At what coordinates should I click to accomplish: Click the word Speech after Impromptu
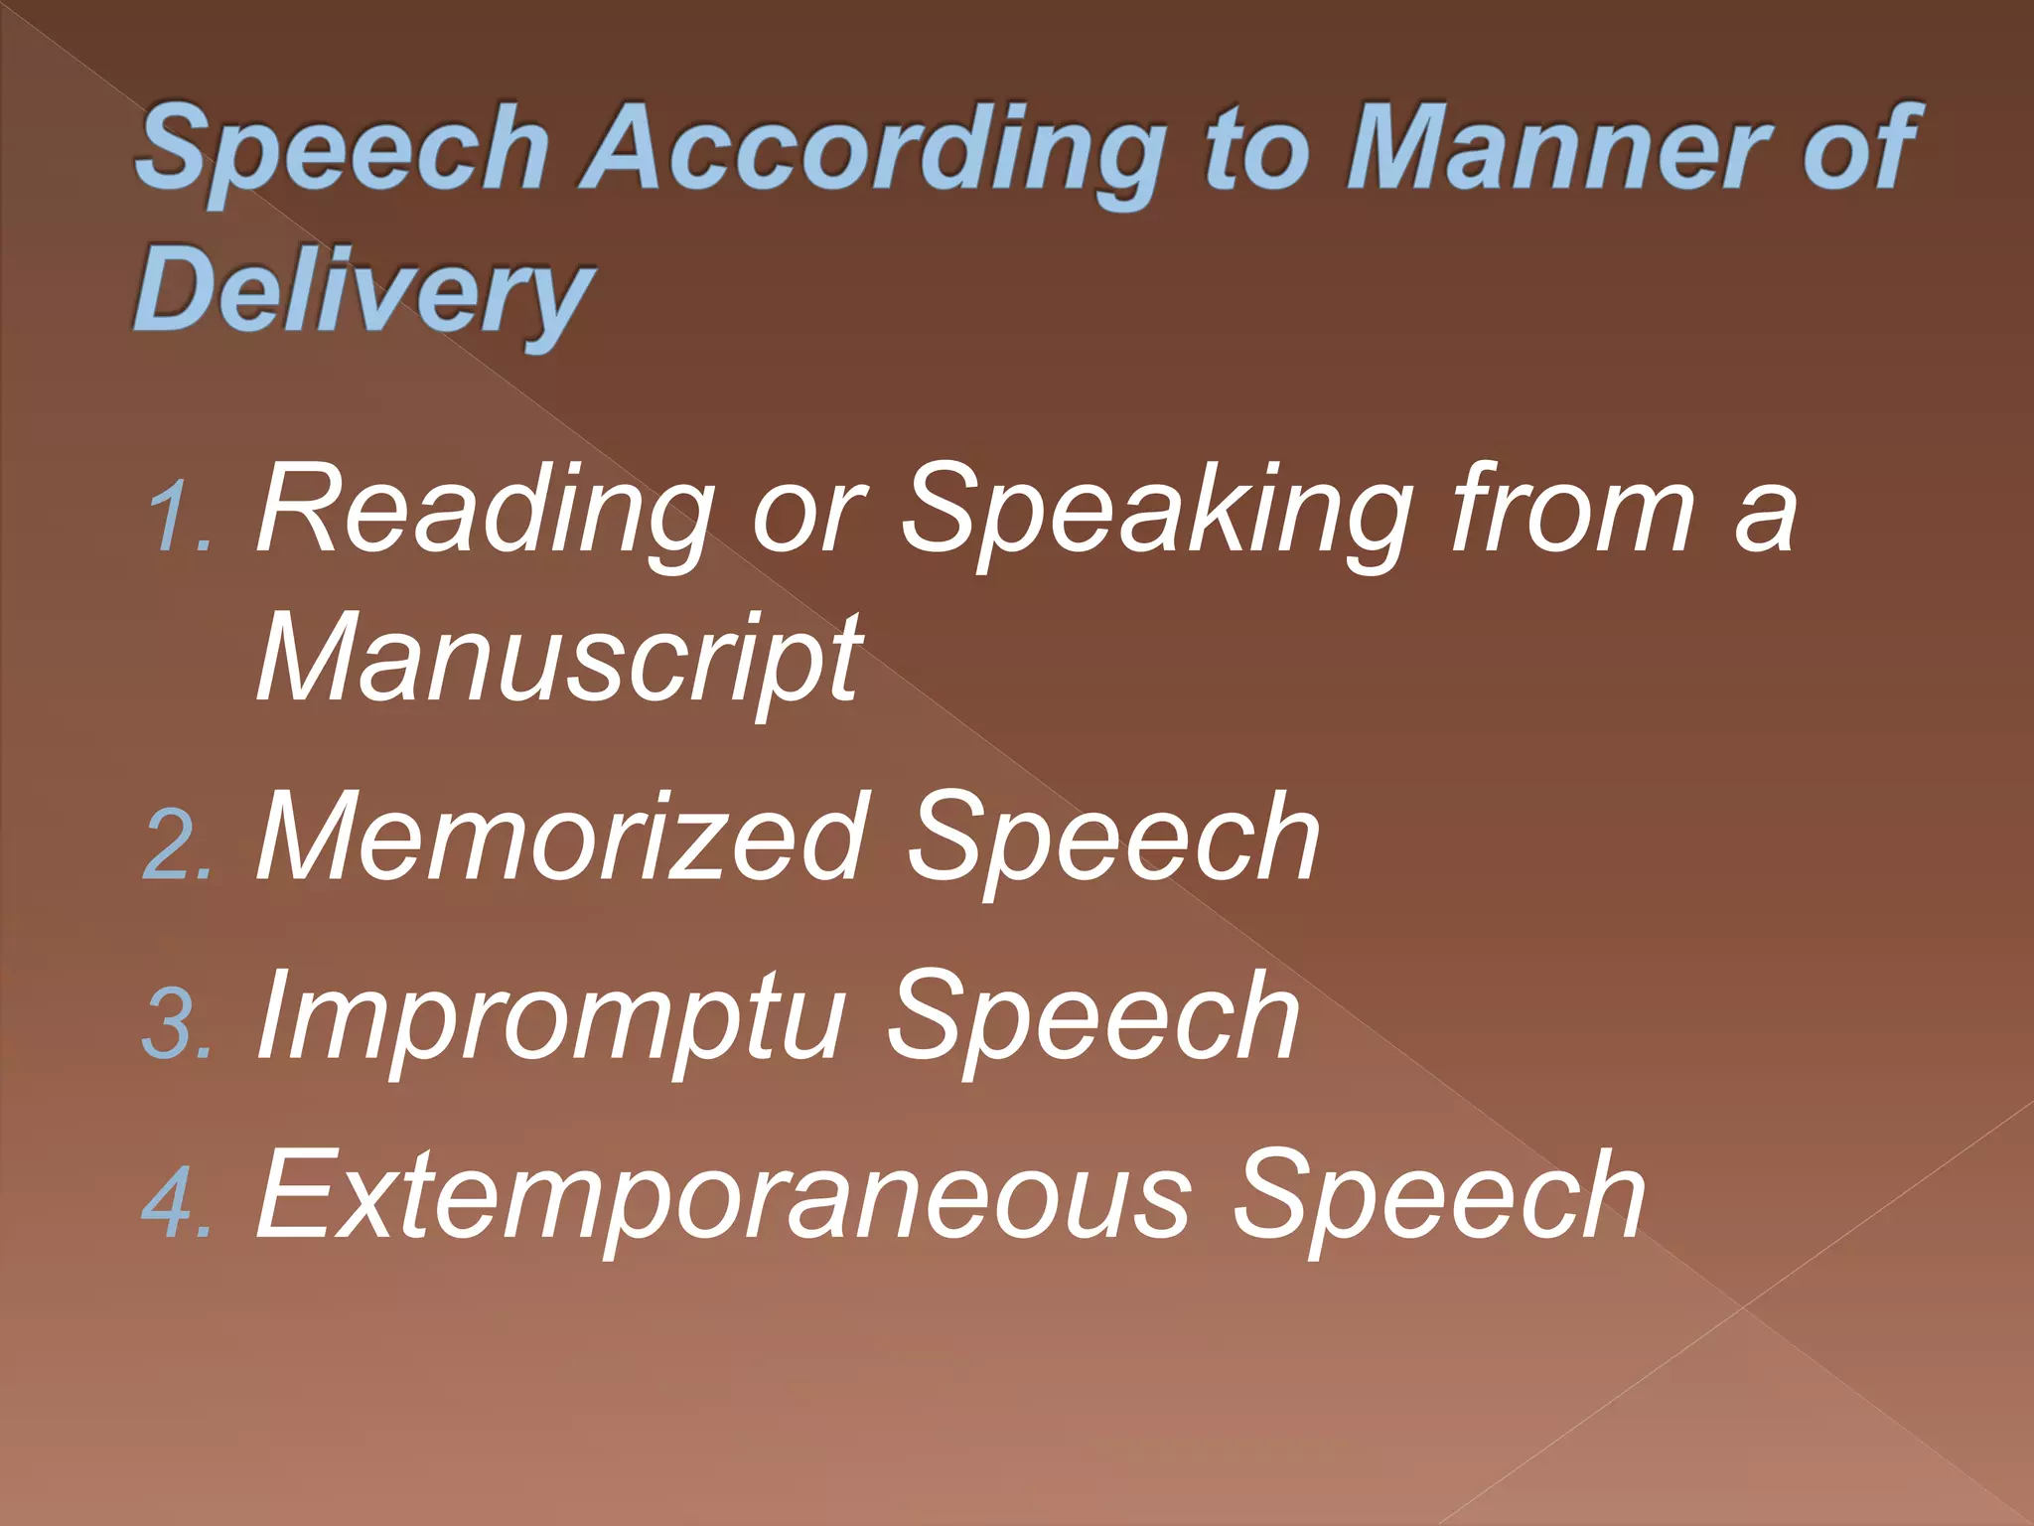tap(1093, 1017)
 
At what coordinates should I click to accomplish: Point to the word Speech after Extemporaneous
tap(1439, 1196)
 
